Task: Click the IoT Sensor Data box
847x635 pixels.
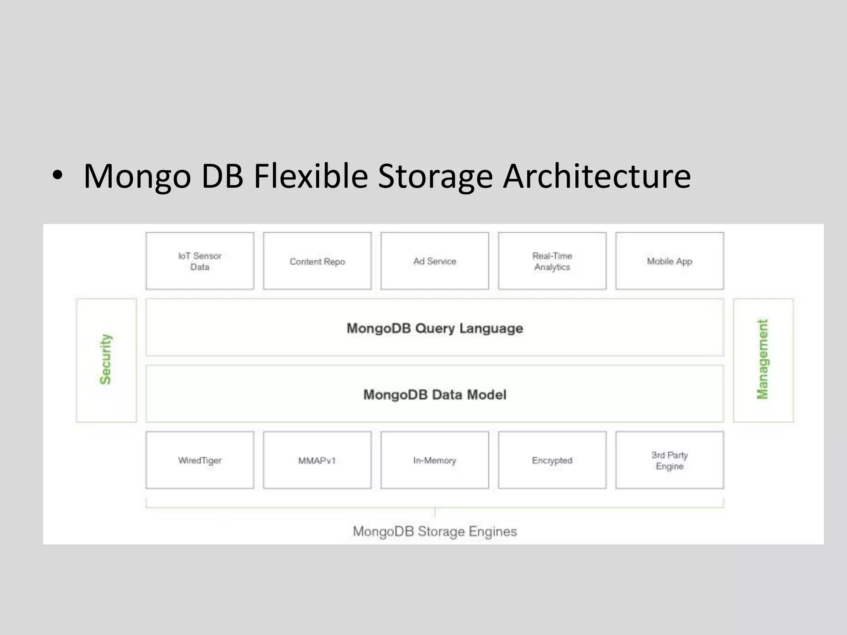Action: (200, 261)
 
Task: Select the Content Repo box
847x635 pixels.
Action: (317, 261)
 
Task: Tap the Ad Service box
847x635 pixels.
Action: (435, 261)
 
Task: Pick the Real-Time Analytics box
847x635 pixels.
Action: (552, 261)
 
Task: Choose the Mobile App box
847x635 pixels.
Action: (670, 261)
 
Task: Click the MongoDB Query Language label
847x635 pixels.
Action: (435, 328)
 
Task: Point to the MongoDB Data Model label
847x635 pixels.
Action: (435, 394)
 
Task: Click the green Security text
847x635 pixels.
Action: (106, 359)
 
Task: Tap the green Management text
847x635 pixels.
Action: (762, 359)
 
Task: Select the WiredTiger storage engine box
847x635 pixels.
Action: (200, 460)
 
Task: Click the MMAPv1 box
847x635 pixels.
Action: (317, 460)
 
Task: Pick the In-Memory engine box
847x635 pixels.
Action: (435, 460)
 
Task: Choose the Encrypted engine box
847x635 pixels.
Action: (552, 460)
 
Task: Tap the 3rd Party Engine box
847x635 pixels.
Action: (670, 460)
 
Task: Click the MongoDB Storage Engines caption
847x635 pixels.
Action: (435, 531)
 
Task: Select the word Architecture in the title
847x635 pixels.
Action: (596, 177)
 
